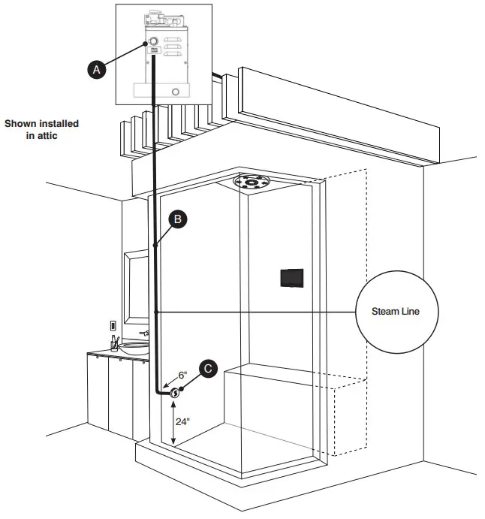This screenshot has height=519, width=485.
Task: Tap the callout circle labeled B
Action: click(177, 219)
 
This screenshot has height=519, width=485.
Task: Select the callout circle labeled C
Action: click(209, 369)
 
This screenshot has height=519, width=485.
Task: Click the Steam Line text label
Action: click(396, 311)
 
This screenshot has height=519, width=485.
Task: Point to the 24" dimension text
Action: click(183, 421)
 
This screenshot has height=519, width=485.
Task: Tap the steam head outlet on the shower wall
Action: click(175, 392)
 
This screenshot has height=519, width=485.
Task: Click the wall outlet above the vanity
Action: click(113, 326)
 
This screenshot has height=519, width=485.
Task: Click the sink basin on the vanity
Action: click(134, 348)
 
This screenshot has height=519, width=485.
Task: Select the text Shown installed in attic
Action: click(41, 129)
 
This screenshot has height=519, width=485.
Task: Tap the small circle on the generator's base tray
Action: click(175, 92)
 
